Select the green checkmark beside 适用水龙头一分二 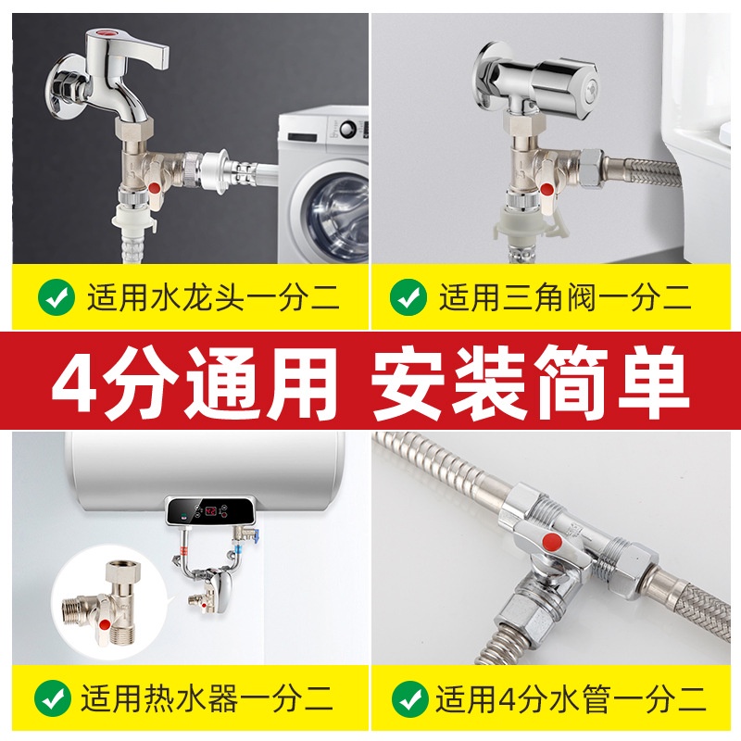tap(57, 297)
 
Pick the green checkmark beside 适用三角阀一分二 tap(408, 297)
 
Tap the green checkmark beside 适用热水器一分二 tap(53, 698)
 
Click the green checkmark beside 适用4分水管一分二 tap(409, 698)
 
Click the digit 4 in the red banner tap(75, 381)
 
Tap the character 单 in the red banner tap(654, 381)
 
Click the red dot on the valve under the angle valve tap(546, 190)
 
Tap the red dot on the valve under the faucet tap(155, 189)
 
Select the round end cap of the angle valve tap(586, 88)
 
